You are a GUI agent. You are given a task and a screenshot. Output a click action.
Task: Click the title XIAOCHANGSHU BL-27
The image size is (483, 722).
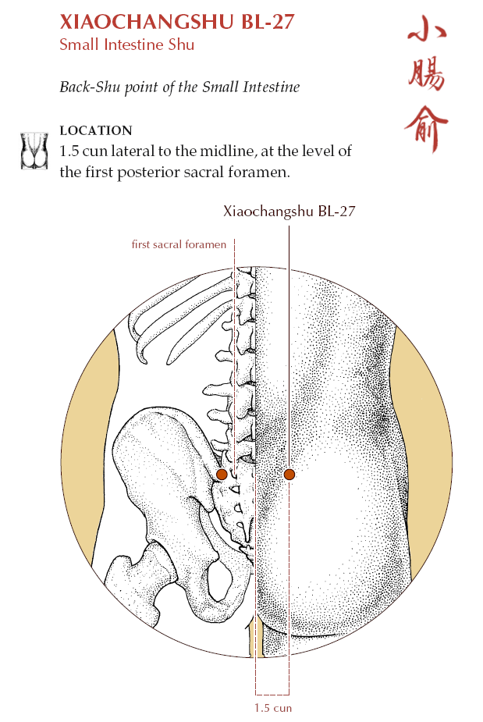tap(177, 22)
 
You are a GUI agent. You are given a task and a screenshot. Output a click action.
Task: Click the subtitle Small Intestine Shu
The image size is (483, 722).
tap(126, 44)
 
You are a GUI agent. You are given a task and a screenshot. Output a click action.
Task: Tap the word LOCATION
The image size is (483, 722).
tap(96, 130)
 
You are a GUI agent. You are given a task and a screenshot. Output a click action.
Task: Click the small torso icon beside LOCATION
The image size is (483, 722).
tap(34, 151)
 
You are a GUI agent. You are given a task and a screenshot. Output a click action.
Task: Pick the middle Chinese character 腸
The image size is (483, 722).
tap(427, 75)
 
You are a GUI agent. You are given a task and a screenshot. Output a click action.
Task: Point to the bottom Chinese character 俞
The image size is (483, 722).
tap(426, 129)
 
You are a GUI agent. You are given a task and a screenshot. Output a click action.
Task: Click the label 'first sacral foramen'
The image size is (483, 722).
tap(179, 244)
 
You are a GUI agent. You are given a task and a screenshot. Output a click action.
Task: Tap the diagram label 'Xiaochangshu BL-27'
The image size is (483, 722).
tap(289, 212)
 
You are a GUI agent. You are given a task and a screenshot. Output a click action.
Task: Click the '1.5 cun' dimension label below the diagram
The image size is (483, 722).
tap(273, 708)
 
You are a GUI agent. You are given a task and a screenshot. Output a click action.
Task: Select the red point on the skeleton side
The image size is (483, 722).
tap(222, 475)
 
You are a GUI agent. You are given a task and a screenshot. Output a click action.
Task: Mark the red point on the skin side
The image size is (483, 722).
tap(289, 475)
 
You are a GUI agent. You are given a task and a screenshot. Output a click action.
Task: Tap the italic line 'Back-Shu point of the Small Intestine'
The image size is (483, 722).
tap(179, 87)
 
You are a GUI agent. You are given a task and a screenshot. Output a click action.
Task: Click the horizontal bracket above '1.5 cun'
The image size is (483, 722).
tap(272, 695)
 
